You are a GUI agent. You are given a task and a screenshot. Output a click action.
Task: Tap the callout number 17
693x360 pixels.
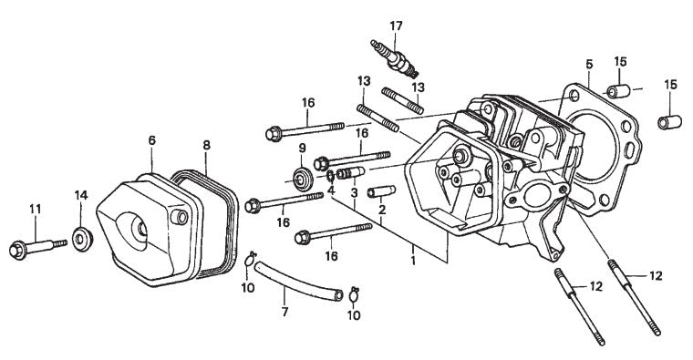coord(396,26)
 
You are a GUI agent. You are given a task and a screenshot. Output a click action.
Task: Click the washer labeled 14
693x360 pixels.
coord(82,239)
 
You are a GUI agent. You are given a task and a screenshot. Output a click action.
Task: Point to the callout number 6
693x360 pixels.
coord(151,140)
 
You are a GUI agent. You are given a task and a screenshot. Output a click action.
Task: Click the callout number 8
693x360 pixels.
coord(206,145)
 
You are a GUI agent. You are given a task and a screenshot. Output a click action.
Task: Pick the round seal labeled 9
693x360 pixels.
coord(303,179)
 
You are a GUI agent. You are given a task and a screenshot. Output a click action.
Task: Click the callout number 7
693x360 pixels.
coord(284,312)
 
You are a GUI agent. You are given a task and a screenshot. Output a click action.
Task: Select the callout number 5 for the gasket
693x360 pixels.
coord(589,64)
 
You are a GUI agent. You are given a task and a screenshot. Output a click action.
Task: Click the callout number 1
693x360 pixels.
coord(413,260)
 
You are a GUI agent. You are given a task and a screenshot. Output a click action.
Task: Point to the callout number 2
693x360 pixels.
coord(382,210)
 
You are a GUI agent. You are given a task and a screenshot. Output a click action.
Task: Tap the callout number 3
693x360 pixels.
coord(355,193)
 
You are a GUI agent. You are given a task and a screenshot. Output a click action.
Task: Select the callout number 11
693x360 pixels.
coord(36,209)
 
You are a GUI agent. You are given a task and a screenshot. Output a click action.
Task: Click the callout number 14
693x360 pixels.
coord(81,195)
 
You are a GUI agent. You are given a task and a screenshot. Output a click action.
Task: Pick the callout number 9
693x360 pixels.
coord(303,148)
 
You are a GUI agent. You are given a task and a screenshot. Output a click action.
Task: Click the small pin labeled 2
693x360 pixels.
coord(381,191)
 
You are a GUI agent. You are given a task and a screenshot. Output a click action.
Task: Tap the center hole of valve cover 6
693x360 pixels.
coord(141,229)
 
